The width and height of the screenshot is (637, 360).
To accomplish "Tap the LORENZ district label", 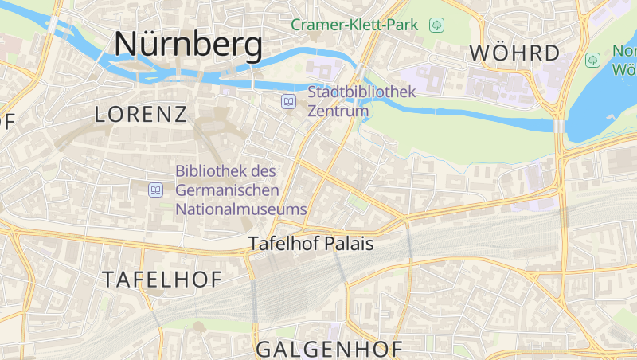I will (141, 114).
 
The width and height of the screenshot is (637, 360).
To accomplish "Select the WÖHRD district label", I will (514, 53).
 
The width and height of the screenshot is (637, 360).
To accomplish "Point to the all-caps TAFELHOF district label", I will (162, 279).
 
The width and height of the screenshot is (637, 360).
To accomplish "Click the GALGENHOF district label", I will (329, 349).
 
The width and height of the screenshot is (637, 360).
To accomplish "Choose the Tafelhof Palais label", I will (311, 245).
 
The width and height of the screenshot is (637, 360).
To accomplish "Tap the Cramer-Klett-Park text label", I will (354, 25).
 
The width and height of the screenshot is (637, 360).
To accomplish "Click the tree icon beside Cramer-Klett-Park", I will (436, 25).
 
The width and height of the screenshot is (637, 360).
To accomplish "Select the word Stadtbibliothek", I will (361, 92).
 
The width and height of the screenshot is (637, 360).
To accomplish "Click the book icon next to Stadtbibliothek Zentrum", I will (288, 101).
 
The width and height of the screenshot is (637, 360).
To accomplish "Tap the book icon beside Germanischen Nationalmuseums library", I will (156, 190).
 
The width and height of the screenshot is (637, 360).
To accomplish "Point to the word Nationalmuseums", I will (240, 209).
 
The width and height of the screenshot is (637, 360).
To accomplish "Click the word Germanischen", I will (227, 190).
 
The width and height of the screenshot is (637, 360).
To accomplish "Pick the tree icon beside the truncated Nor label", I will (592, 60).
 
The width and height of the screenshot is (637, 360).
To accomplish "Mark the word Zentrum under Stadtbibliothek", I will (338, 111).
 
